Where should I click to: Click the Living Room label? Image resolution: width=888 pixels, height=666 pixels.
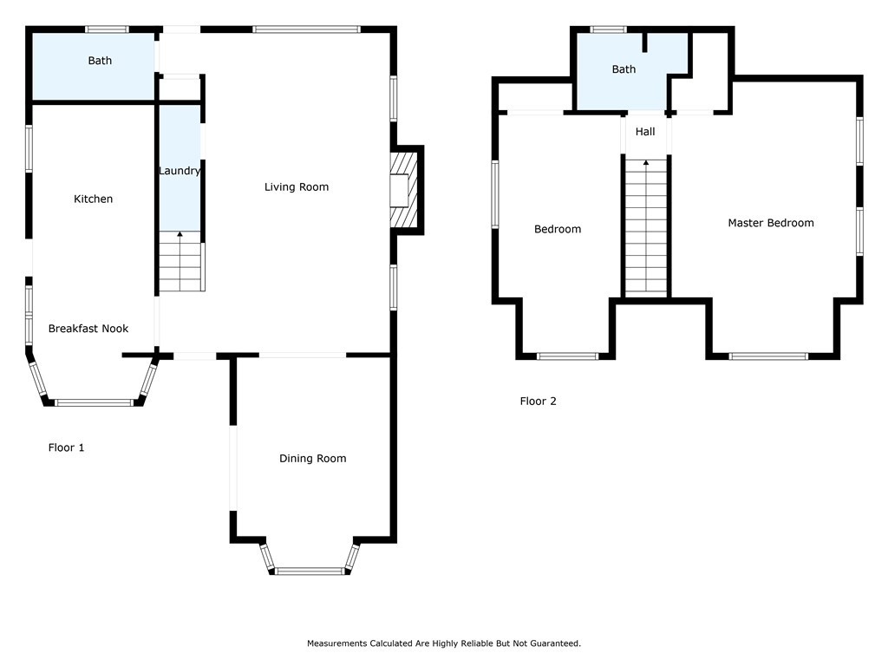click(x=297, y=187)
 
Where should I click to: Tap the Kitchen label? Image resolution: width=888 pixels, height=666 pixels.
click(x=94, y=199)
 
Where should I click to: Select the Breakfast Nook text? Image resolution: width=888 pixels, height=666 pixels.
click(x=88, y=329)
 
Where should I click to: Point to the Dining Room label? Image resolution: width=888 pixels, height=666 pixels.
click(x=312, y=459)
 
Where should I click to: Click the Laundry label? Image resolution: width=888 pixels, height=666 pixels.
click(x=180, y=171)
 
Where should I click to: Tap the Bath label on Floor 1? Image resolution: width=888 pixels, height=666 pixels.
click(x=100, y=61)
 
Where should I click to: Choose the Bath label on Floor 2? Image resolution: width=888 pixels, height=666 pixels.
click(x=624, y=69)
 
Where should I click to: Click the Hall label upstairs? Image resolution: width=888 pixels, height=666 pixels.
click(x=645, y=132)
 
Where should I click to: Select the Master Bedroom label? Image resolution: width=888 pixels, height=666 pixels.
click(x=771, y=223)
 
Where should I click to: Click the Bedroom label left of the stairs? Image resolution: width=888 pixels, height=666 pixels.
click(x=558, y=229)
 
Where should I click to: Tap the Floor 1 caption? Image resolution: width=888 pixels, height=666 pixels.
click(x=66, y=447)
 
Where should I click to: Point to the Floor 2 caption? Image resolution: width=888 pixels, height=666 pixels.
click(x=538, y=401)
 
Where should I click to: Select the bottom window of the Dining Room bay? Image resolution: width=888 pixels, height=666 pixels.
click(x=310, y=571)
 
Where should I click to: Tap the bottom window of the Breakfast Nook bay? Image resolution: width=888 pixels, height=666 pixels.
click(x=94, y=402)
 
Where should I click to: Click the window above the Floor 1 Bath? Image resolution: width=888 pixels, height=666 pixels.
click(x=107, y=29)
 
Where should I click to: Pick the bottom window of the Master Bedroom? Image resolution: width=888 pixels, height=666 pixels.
click(x=768, y=356)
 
